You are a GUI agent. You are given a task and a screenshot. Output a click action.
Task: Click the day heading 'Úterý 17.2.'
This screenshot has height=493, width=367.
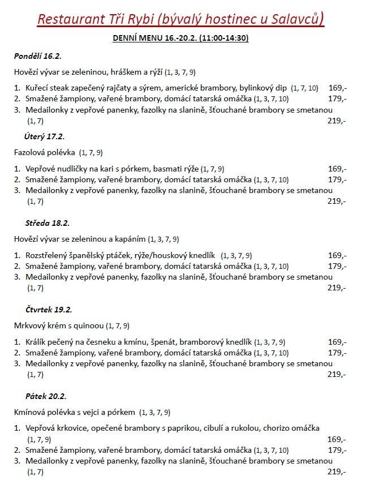pos(45,136)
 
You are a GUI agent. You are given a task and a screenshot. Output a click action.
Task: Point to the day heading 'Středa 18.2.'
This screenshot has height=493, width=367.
pos(47,223)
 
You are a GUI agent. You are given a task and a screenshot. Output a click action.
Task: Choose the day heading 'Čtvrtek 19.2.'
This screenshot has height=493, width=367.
pos(49,310)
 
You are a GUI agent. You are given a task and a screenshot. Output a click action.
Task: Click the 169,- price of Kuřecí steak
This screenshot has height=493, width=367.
pos(337,88)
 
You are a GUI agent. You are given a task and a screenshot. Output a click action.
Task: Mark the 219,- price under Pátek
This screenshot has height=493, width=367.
pos(336,471)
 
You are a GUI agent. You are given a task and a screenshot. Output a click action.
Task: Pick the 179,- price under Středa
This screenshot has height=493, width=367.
pos(337,266)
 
